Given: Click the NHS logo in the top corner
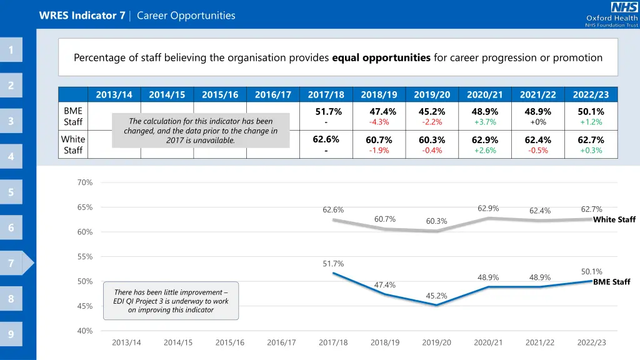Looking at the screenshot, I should point(624,7).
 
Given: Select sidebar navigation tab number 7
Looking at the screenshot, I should point(11,263).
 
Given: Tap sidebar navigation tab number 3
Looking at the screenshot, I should point(11,121).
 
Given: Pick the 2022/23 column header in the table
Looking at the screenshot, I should point(591,95).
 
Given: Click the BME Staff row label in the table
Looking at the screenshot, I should point(73,116).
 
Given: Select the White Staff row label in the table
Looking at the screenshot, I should point(73,145).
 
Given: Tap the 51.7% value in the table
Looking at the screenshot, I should point(328,112).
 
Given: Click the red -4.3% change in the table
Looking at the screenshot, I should point(379,122).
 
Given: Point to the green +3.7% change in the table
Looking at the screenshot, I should point(485,122).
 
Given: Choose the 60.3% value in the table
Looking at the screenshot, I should point(432,140).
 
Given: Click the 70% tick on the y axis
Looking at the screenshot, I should point(85,182).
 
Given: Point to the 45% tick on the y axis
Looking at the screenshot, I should point(85,306).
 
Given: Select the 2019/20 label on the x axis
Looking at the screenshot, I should point(436,342).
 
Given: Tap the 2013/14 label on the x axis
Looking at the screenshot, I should point(126,342).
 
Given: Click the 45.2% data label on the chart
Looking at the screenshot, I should point(436,296).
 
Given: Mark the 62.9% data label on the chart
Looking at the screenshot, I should point(488,209).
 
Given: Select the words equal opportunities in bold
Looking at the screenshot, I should point(381,58).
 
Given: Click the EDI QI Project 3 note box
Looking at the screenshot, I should point(171,301).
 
